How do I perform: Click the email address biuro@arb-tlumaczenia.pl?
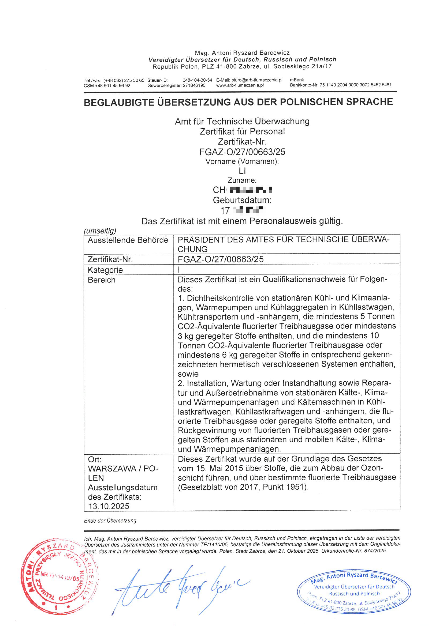256,80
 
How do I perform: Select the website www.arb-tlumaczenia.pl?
240,85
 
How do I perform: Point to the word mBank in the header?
297,80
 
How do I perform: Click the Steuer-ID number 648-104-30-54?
197,80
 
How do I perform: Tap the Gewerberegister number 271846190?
194,85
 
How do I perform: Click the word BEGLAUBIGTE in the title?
120,102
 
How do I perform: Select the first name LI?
242,171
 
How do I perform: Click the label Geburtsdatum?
242,200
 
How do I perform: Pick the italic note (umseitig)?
100,231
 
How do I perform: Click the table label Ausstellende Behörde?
128,240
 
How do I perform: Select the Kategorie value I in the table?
179,270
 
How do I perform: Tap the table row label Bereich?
102,280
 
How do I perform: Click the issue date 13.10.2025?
109,506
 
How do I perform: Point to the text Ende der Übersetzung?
110,521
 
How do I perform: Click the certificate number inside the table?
221,259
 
